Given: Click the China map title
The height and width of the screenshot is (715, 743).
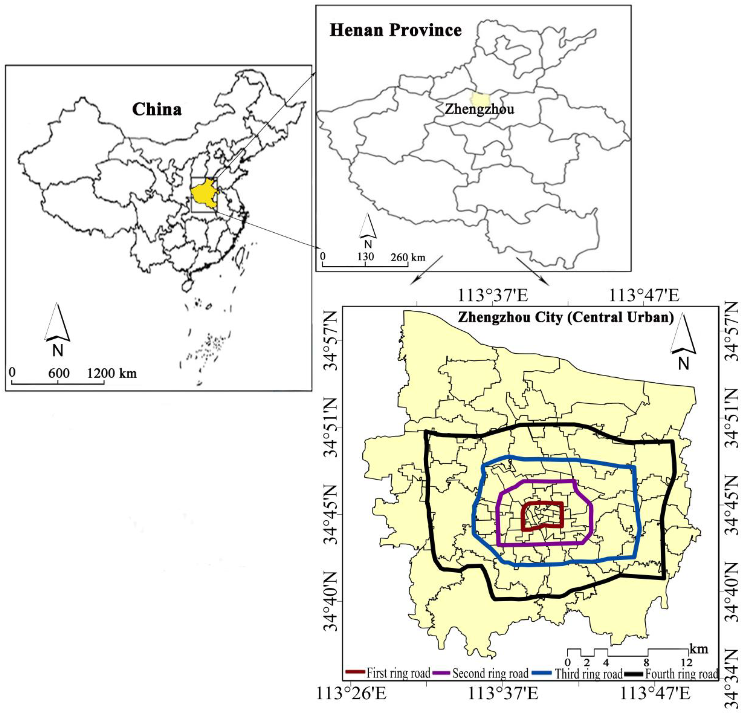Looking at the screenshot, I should [157, 110].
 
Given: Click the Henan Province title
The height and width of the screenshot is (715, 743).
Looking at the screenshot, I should [396, 30].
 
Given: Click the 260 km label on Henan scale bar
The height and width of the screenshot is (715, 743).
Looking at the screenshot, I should [408, 257].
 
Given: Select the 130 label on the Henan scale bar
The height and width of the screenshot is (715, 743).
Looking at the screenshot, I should [365, 257].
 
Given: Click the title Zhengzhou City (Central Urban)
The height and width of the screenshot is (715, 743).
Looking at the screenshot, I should [566, 317].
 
